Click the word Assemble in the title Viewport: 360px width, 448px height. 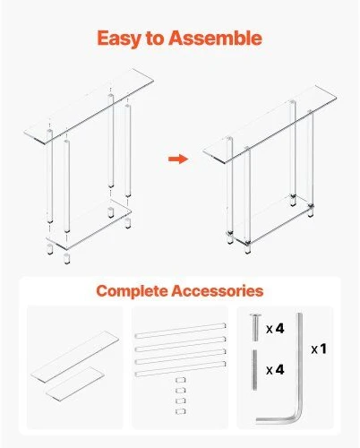215,38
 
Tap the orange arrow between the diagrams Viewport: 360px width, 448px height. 178,159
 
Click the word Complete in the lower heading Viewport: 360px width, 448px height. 133,291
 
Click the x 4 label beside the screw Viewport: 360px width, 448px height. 275,329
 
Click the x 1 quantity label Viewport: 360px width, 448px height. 319,349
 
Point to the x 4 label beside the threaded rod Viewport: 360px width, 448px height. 275,370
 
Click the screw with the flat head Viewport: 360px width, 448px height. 255,327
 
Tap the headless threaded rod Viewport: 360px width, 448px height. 254,370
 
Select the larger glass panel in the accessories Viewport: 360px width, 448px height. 75,356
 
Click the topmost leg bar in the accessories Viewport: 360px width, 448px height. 180,331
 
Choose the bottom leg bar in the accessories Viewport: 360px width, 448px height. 180,368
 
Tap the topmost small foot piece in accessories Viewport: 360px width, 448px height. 181,380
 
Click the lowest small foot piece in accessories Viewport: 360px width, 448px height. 181,411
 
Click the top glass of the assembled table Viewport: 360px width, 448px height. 270,125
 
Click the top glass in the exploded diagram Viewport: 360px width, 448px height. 89,107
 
